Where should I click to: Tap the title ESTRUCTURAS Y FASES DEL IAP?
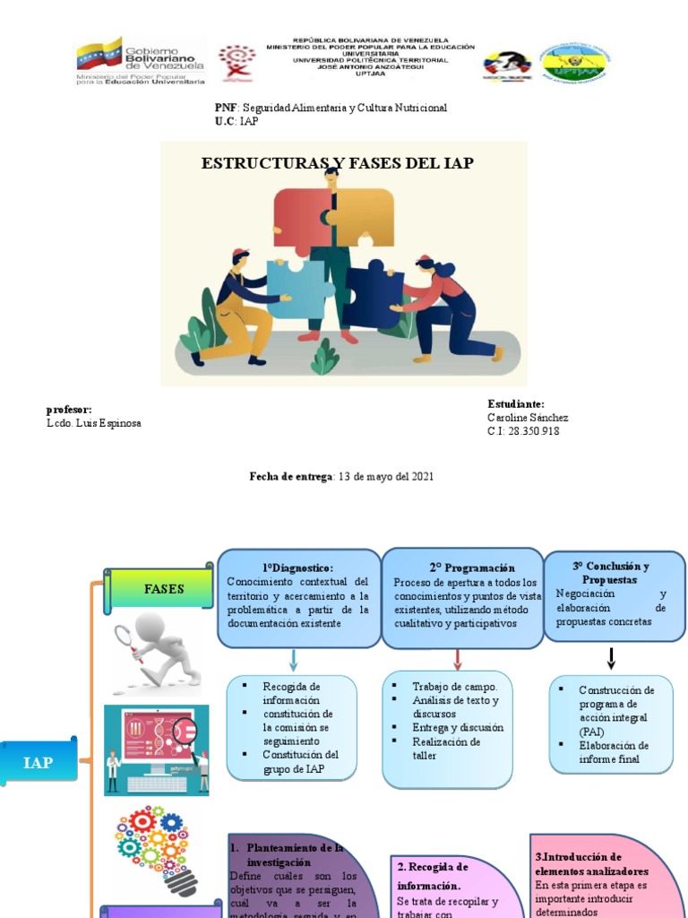coord(337,163)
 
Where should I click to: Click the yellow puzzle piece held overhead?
coord(365,215)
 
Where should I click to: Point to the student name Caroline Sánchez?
coord(527,418)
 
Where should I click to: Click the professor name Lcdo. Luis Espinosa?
coord(93,423)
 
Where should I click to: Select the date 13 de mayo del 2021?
coord(384,477)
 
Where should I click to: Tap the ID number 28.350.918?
coord(534,431)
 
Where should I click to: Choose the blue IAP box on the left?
coord(39,762)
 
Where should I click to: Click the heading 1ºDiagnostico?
coord(297,567)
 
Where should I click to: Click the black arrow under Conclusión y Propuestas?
coord(611,659)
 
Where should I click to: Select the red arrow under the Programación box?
coord(458,660)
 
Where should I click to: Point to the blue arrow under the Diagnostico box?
coord(294,661)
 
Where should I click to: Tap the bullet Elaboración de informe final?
coord(614,751)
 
